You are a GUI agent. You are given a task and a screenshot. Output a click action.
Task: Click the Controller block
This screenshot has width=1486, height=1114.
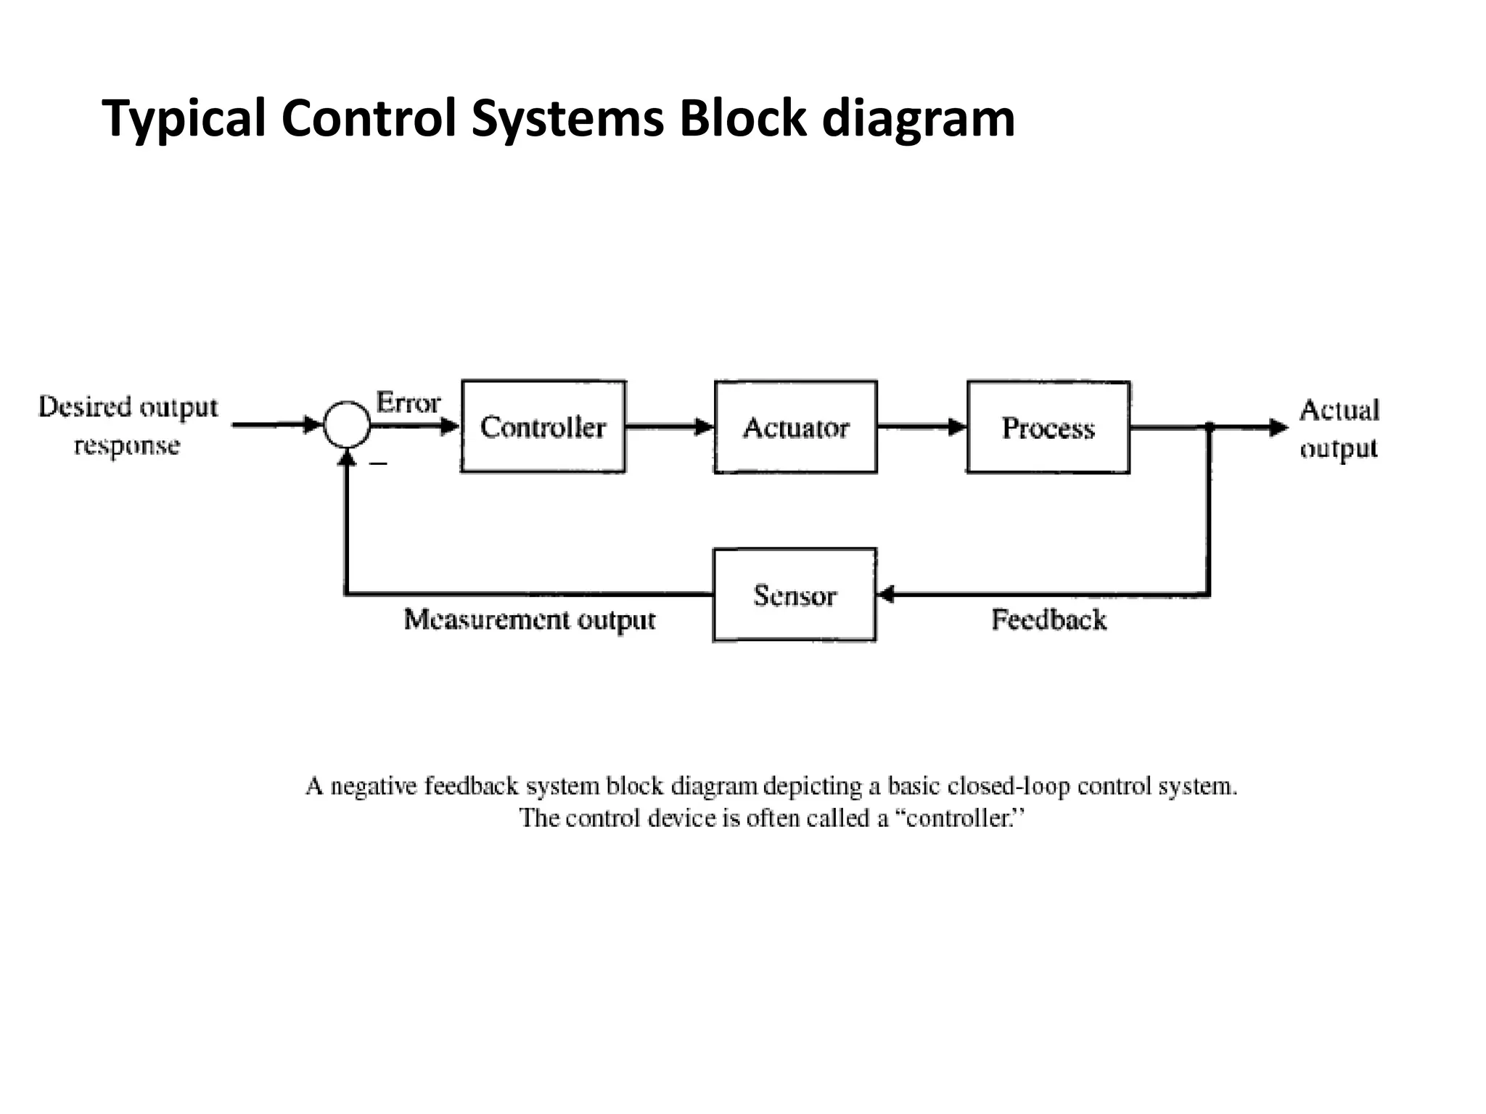543,427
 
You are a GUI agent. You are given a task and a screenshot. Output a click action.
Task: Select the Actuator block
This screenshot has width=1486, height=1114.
795,427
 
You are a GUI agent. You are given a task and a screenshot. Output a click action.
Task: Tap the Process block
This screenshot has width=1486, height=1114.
1048,427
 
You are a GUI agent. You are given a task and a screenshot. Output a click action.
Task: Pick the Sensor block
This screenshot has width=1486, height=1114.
795,595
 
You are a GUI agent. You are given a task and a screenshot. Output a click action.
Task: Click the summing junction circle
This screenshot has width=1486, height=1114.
347,425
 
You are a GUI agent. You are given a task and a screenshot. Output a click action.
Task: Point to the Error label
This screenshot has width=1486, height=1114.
408,403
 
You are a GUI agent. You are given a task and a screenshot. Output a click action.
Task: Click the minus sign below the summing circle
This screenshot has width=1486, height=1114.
378,463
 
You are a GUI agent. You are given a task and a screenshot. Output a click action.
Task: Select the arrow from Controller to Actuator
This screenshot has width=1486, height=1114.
669,427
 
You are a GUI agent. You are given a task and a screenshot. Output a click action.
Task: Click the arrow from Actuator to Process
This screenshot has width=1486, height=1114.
921,427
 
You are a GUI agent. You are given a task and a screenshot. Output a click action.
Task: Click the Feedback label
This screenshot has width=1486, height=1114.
1048,620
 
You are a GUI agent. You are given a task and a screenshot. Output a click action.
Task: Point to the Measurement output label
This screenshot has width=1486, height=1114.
529,620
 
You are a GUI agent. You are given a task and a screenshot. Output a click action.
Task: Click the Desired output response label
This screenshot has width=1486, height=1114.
128,426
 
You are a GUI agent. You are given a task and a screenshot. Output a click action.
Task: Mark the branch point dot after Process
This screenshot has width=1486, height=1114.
1210,427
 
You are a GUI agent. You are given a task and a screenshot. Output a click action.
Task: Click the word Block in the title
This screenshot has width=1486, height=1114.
742,118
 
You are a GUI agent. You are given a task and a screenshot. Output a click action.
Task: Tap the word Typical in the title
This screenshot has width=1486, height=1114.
184,118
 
